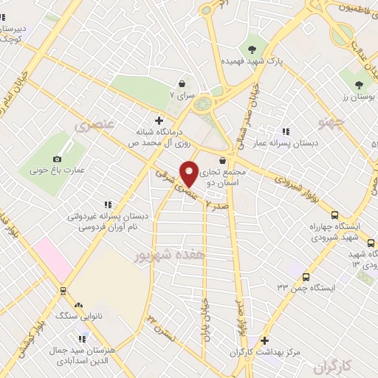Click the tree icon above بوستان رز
point(359,85)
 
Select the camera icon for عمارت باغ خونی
point(58,159)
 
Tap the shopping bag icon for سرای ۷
point(182,84)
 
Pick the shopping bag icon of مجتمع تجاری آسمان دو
point(223,160)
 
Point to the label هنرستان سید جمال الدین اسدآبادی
point(78,355)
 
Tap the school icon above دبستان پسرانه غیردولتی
point(108,205)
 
